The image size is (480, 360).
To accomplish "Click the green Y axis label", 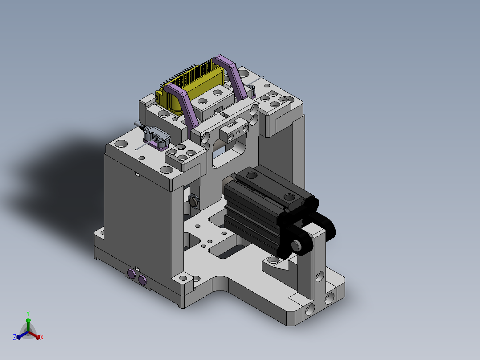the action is coord(28,313).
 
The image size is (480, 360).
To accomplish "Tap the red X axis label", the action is coord(42,337).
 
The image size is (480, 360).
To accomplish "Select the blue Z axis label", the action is coord(15,337).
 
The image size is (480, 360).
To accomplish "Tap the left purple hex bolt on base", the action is coord(132,274).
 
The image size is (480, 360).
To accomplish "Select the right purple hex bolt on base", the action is coord(142,280).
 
